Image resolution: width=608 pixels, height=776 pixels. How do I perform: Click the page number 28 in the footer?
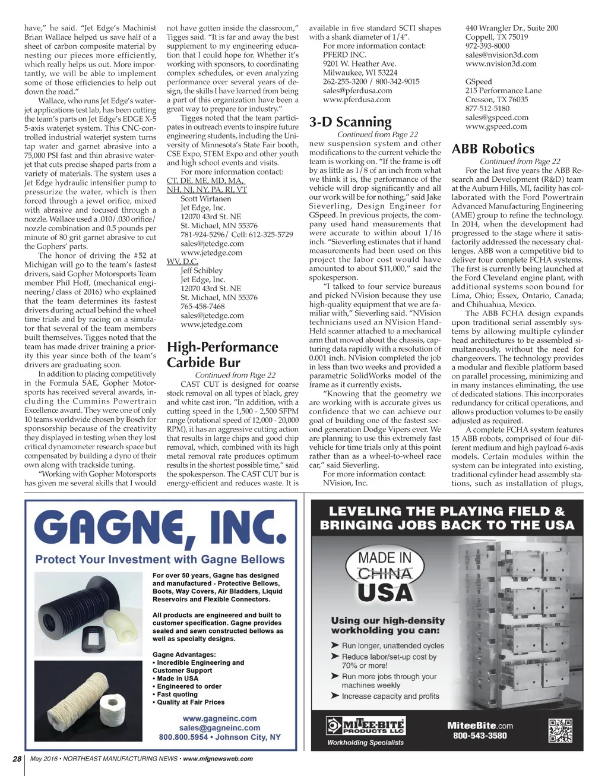click(17, 759)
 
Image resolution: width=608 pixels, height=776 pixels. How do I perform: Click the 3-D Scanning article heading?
click(350, 122)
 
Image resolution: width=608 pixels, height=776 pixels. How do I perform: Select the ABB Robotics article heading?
click(493, 149)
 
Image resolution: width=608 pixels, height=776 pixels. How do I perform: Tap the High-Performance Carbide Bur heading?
click(222, 355)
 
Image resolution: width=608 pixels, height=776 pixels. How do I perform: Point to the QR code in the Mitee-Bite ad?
click(560, 730)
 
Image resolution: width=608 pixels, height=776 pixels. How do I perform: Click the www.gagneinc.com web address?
click(220, 718)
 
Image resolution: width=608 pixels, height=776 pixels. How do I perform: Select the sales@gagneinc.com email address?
click(220, 728)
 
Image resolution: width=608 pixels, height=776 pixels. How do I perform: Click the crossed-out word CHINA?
click(385, 574)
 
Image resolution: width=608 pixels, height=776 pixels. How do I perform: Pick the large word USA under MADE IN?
click(385, 593)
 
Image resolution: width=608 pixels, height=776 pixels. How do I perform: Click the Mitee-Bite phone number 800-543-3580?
click(480, 736)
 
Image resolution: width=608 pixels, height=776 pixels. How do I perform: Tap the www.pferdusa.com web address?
click(357, 100)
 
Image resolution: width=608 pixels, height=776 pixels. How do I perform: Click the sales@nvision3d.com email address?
click(502, 55)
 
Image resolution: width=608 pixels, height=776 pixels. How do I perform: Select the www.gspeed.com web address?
click(496, 127)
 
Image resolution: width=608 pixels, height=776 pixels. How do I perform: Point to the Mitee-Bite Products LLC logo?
click(366, 726)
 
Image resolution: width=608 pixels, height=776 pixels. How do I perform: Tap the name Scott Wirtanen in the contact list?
click(206, 199)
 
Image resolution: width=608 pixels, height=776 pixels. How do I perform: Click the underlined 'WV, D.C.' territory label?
click(182, 261)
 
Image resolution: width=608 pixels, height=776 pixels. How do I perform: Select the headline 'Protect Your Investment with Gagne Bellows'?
click(160, 560)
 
